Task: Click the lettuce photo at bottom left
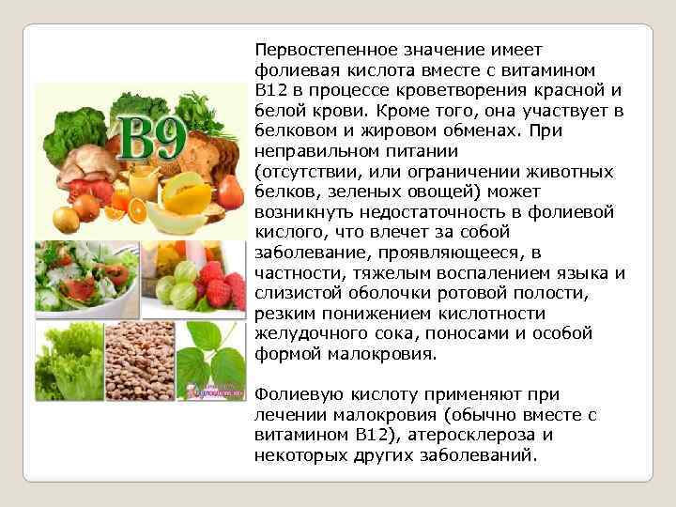pyautogui.click(x=69, y=361)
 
